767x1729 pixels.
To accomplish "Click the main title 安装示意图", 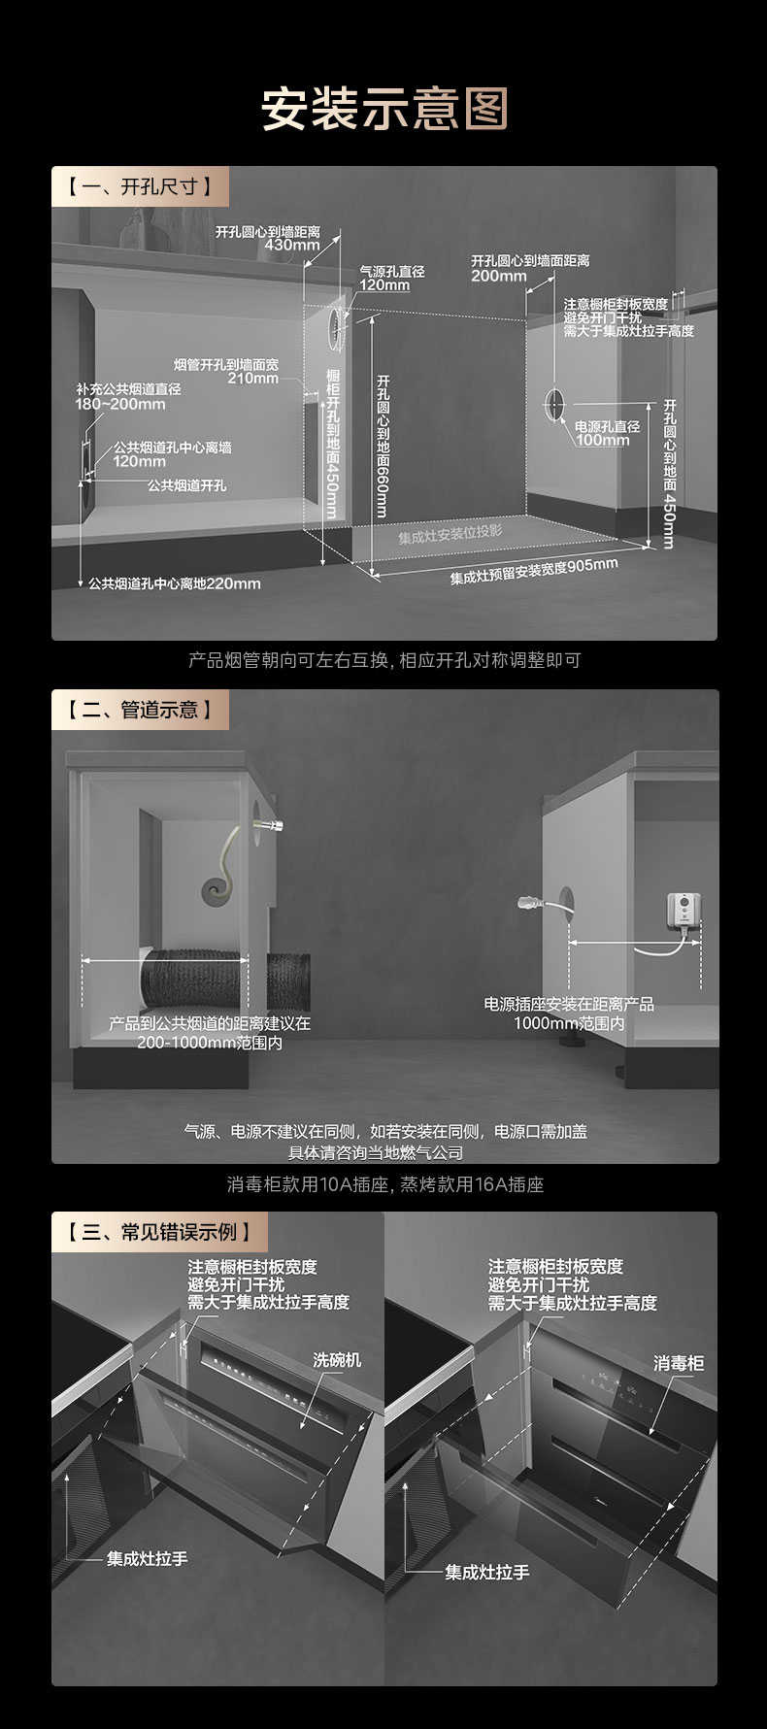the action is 383,109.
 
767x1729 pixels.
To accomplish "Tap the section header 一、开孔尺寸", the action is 140,186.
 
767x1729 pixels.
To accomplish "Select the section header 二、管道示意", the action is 140,710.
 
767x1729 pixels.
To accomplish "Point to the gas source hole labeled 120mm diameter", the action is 337,317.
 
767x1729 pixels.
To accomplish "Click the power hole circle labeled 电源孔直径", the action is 553,404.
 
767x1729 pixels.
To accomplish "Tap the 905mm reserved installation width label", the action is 534,572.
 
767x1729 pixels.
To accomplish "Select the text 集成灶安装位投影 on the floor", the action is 450,535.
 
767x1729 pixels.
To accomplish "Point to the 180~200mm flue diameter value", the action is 120,404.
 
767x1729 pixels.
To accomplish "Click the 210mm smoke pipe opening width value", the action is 253,379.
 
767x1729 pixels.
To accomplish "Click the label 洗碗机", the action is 337,1360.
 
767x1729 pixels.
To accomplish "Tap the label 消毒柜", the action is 679,1363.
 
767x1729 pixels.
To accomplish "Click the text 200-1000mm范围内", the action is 210,1043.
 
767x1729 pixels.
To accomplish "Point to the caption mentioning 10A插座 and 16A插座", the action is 385,1184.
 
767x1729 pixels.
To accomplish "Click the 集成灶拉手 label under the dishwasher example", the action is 148,1559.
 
